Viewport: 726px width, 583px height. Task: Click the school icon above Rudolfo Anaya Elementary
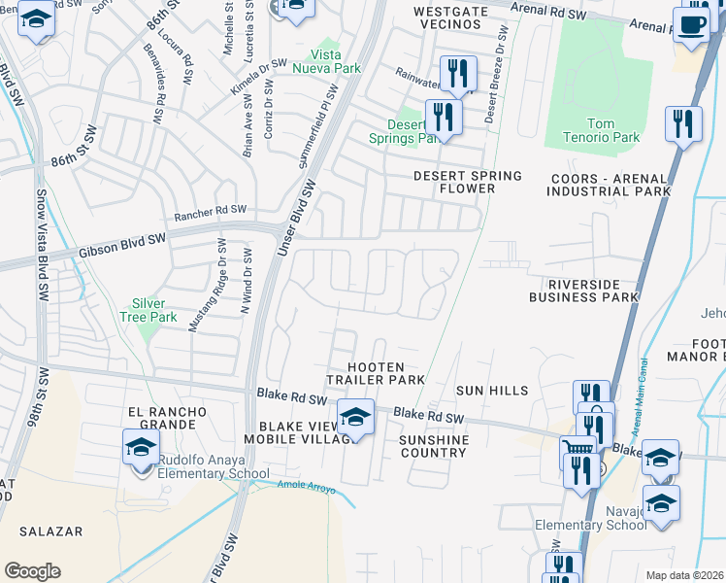coord(141,448)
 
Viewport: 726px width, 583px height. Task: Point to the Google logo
coord(32,571)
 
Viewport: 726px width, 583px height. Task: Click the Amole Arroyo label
coord(306,487)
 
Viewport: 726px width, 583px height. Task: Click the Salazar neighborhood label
coord(49,532)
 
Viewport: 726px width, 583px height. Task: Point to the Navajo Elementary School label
coord(591,518)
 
